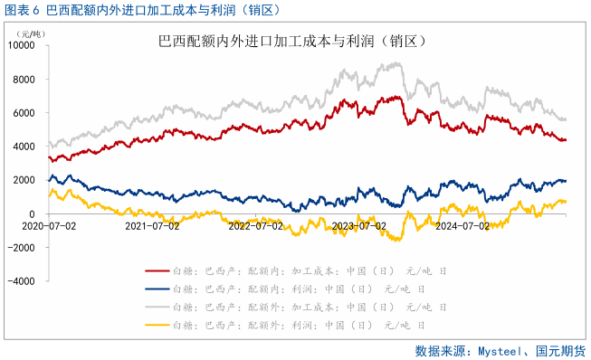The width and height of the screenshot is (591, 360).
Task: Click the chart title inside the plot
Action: [x=292, y=42]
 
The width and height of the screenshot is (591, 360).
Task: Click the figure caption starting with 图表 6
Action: [x=140, y=10]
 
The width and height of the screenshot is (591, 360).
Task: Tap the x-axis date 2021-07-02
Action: [x=151, y=225]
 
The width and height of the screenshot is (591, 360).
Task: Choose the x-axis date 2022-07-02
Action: [x=255, y=225]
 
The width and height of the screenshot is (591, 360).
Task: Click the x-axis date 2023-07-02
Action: [x=359, y=225]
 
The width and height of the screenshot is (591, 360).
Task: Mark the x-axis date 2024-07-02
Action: [x=462, y=225]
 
